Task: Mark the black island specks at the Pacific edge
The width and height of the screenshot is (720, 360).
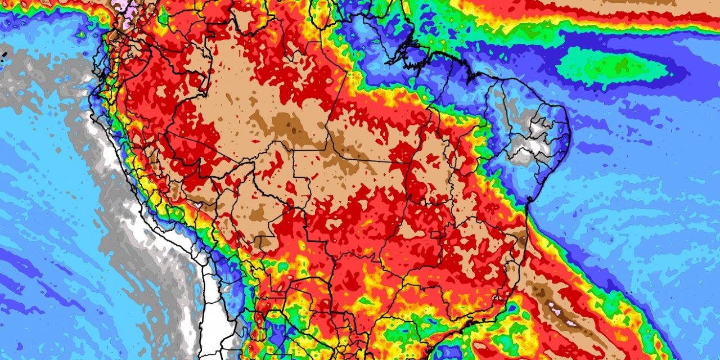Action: coord(4,55)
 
